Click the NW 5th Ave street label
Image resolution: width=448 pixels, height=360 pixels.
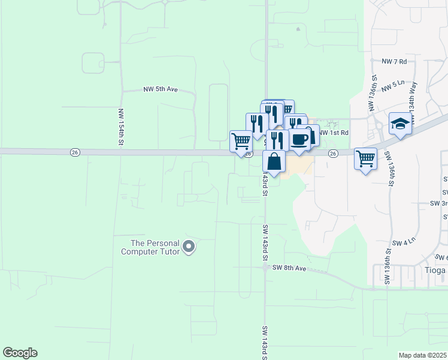(161, 89)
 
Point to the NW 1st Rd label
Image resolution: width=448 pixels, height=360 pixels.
(333, 133)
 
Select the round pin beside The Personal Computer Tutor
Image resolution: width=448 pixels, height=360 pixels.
(189, 247)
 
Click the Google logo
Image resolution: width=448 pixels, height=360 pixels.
(20, 353)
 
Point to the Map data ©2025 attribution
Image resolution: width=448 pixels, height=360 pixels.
(422, 355)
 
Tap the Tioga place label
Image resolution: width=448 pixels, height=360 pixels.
(434, 271)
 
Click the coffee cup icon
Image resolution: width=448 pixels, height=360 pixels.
(300, 140)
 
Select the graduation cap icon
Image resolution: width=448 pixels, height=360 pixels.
(399, 124)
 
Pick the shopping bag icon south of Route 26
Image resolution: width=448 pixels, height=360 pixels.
(274, 161)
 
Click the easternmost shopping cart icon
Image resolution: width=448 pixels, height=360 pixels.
(365, 158)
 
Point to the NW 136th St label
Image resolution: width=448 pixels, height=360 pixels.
(373, 93)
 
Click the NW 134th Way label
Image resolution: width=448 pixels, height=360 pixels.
(413, 95)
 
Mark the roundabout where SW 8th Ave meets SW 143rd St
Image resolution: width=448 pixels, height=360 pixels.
(265, 269)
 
